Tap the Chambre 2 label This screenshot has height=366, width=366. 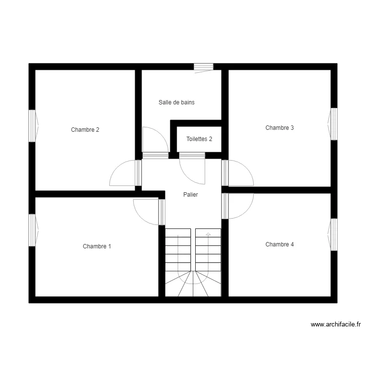click(85, 130)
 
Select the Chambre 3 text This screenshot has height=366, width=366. click(280, 128)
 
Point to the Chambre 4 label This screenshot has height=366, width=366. click(280, 244)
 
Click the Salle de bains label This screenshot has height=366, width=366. click(177, 102)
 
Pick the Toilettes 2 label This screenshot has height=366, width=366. click(199, 139)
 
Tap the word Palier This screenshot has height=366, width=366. click(190, 195)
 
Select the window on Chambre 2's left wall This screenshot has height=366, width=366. click(33, 126)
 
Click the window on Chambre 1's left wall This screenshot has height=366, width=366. click(33, 230)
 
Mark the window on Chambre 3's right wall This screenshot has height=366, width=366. click(334, 124)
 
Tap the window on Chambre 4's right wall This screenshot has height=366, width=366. click(334, 235)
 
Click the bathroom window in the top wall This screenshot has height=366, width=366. click(203, 67)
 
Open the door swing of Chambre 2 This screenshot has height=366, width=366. click(122, 173)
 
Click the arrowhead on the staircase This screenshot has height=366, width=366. click(208, 235)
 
